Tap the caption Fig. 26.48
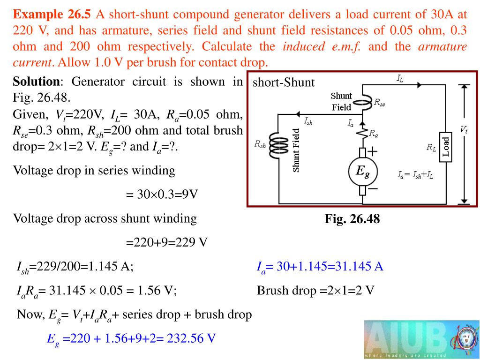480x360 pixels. point(352,219)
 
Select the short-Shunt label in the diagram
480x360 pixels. point(284,83)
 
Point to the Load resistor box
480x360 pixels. point(446,146)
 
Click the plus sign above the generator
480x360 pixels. point(372,151)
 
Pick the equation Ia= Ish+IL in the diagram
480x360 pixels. point(415,175)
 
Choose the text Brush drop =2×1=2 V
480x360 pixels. point(315,291)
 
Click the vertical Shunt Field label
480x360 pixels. point(296,150)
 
